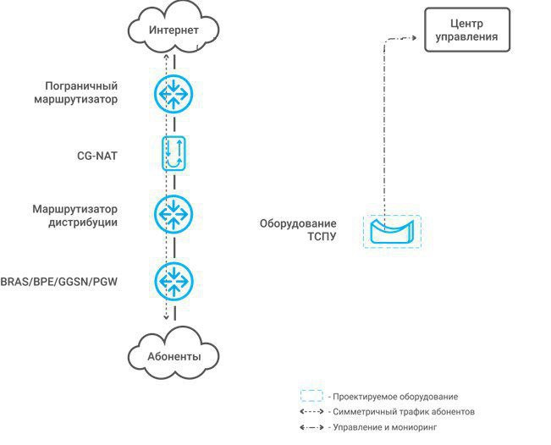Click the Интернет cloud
click(x=174, y=30)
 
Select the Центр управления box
click(x=467, y=30)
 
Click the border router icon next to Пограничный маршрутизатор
click(x=174, y=94)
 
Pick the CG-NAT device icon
click(x=174, y=153)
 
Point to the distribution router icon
click(x=174, y=214)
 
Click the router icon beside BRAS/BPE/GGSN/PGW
click(x=174, y=281)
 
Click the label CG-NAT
click(x=97, y=156)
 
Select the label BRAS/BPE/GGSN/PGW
click(x=58, y=282)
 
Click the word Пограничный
click(x=81, y=86)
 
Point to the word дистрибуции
click(x=83, y=222)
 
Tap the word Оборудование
click(x=298, y=223)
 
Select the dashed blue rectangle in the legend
click(x=311, y=396)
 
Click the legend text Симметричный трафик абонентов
click(x=404, y=412)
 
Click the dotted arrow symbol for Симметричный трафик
click(x=311, y=412)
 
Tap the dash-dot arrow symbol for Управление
click(x=311, y=427)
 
